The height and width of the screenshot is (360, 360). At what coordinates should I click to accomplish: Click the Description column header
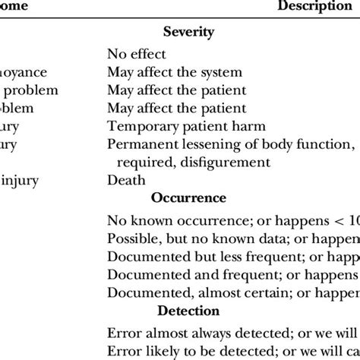(308, 7)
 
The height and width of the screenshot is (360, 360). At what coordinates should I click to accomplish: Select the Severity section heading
(188, 33)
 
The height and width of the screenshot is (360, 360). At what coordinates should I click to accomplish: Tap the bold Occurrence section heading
(188, 197)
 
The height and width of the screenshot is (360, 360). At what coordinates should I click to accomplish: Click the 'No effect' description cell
(137, 55)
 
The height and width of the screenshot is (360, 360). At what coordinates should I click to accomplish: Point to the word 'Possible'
(131, 236)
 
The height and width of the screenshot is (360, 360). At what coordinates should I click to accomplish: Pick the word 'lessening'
(203, 144)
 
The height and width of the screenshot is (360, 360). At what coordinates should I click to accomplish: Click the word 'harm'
(229, 126)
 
